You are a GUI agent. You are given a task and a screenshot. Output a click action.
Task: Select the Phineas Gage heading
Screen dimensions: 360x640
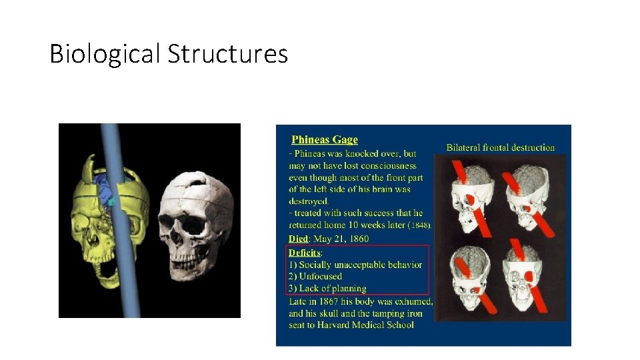pos(325,139)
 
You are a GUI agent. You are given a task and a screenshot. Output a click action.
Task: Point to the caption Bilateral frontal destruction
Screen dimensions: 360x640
pos(500,147)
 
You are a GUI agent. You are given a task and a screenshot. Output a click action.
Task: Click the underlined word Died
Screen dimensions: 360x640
pos(298,239)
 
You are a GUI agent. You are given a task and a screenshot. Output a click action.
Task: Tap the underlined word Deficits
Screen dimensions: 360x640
pos(305,253)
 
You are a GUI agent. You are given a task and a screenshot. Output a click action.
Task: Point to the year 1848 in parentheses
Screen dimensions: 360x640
pos(419,225)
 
